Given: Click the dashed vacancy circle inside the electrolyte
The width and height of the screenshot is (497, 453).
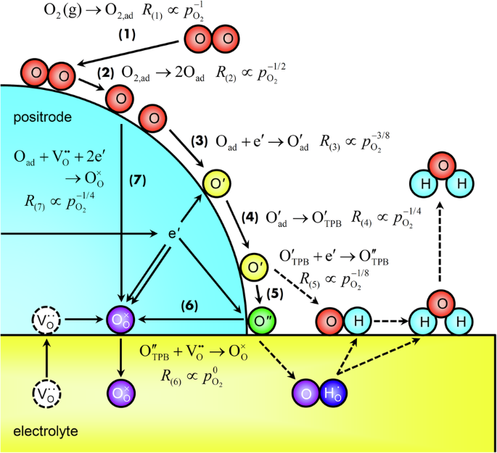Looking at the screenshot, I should (46, 394).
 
